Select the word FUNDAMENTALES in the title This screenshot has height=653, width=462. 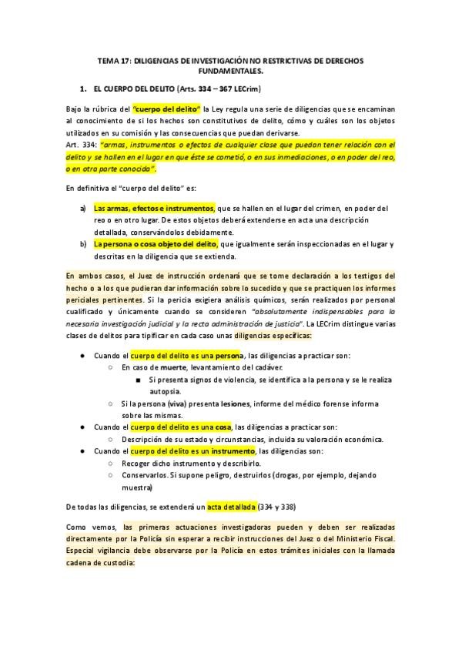[x=231, y=70]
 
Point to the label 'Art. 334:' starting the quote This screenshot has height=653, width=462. [x=82, y=144]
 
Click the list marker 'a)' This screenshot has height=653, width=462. [x=83, y=209]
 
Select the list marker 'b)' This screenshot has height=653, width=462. [x=83, y=245]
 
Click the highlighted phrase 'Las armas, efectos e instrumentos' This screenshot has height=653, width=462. [x=154, y=209]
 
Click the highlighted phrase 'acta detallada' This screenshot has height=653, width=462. [x=229, y=506]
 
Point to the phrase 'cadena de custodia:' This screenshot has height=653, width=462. [x=102, y=562]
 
